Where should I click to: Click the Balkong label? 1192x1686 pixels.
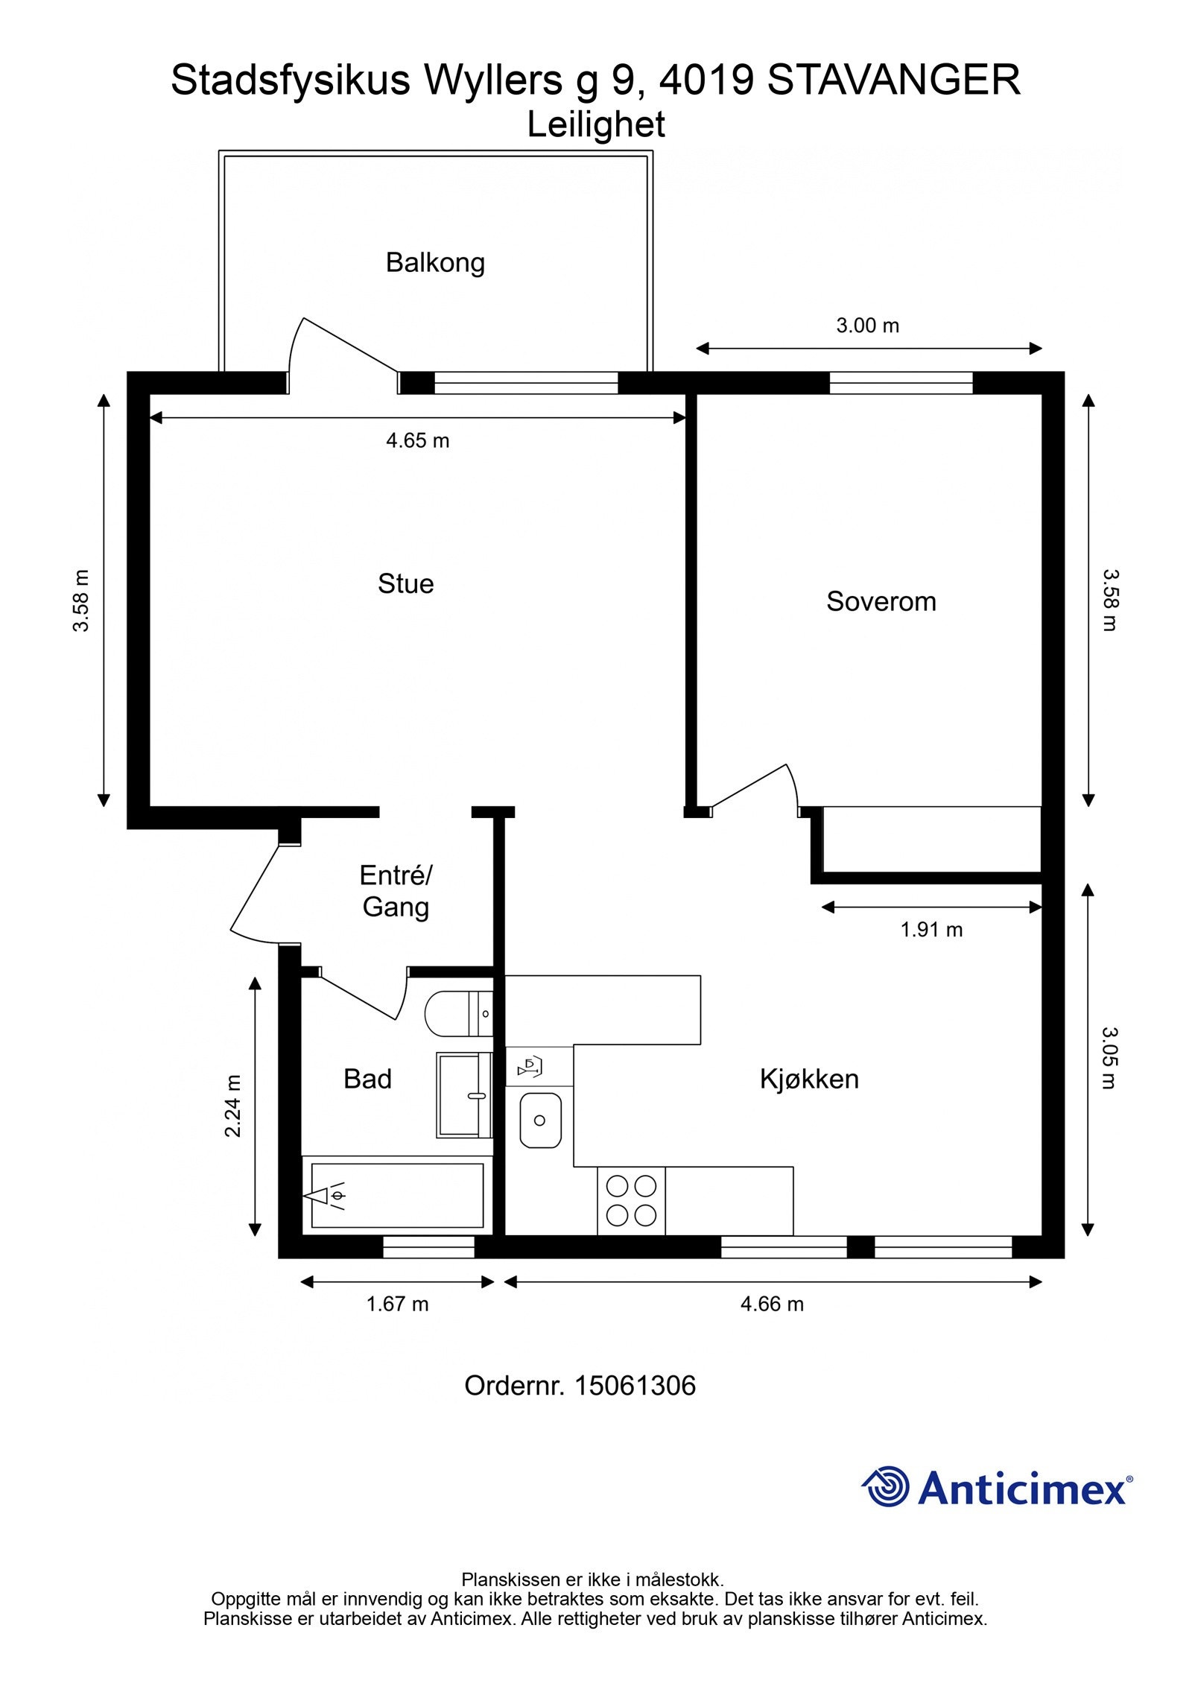[x=435, y=262]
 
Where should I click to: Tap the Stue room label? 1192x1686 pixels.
[x=405, y=583]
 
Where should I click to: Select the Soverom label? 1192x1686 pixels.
[x=881, y=601]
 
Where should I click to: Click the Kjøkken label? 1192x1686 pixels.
[x=809, y=1079]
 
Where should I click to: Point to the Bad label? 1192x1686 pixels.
[x=367, y=1079]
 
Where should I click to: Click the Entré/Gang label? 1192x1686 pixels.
[x=396, y=891]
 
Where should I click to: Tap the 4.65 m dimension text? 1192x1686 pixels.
[x=417, y=440]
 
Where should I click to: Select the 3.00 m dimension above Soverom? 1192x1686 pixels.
[x=867, y=326]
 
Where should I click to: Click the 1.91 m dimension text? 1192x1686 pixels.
[x=931, y=930]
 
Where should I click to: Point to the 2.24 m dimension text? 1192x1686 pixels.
[x=232, y=1106]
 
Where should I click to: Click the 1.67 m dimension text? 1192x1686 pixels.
[x=397, y=1304]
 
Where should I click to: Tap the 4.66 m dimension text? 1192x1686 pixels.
[x=772, y=1304]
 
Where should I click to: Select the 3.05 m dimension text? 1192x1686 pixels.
[x=1109, y=1058]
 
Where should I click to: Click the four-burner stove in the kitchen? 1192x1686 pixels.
[x=631, y=1200]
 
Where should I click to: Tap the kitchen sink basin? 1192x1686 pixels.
[x=540, y=1121]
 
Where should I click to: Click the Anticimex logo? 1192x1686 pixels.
[x=997, y=1489]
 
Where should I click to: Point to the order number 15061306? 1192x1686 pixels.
[x=635, y=1386]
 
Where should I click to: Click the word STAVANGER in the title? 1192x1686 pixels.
[x=893, y=80]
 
